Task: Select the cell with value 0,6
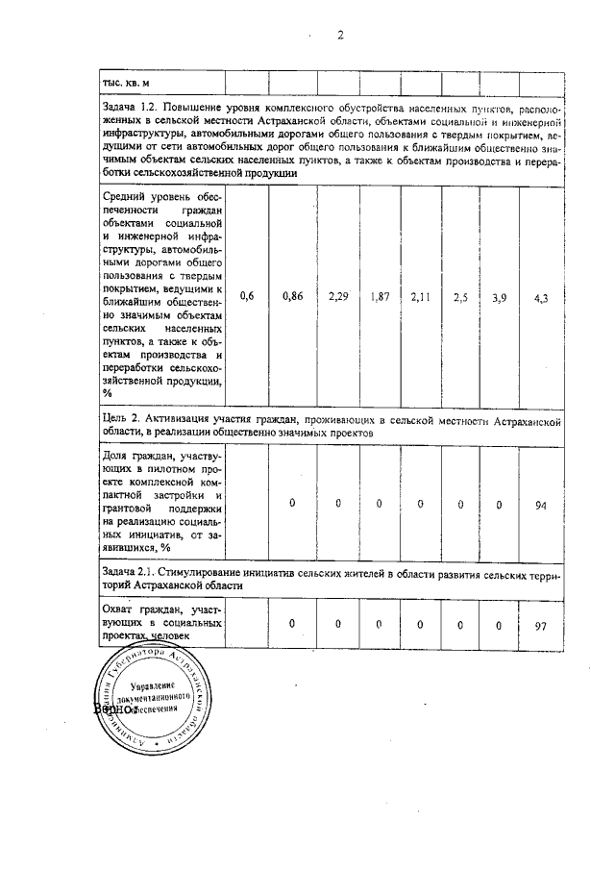click(247, 297)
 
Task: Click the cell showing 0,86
click(293, 297)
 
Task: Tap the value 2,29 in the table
click(338, 297)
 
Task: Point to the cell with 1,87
click(380, 297)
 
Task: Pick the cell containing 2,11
click(421, 297)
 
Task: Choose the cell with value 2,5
click(461, 297)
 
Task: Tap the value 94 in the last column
click(540, 504)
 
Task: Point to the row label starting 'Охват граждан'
click(161, 622)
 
